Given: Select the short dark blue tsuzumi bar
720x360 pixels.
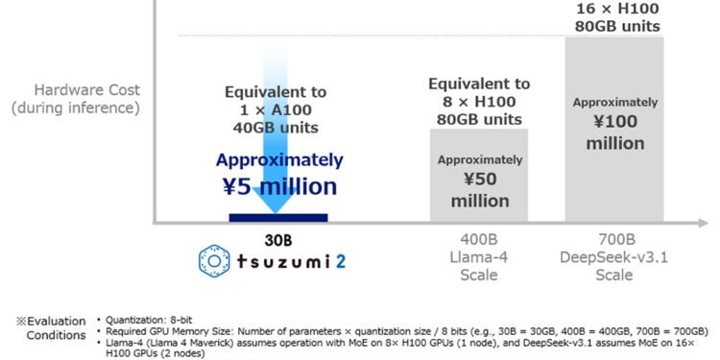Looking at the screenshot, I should (278, 217).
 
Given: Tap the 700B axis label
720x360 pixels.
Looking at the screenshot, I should (614, 240).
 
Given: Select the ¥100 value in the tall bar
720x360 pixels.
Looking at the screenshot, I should (615, 123).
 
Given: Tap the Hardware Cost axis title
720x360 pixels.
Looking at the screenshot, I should (76, 89).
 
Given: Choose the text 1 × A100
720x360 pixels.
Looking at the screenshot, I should (276, 109).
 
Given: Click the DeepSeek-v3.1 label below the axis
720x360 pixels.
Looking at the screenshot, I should (614, 257).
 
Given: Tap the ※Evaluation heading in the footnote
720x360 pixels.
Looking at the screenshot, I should (49, 321).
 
